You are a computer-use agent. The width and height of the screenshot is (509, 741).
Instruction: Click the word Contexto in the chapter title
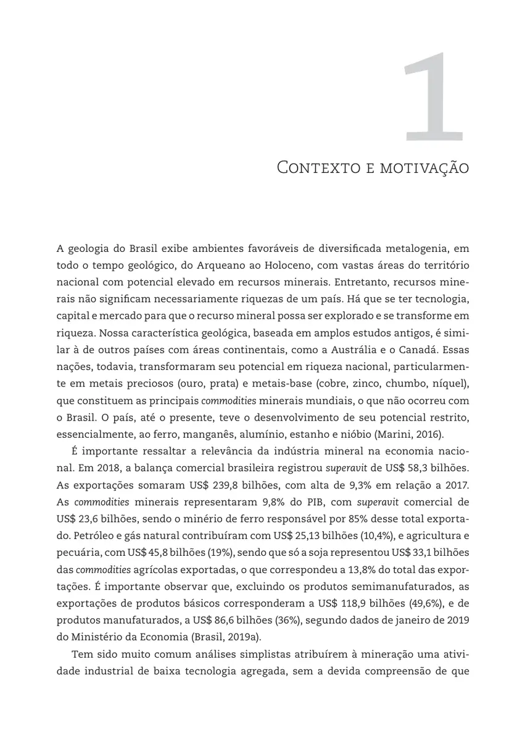(312, 167)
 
